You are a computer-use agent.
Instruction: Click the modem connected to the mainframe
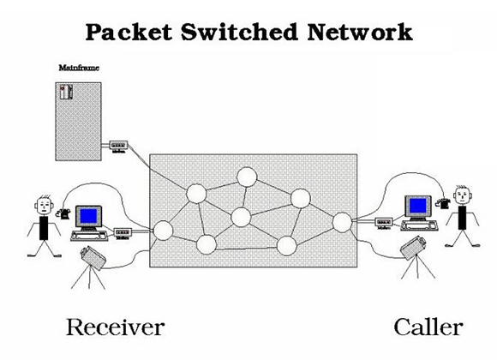coord(118,147)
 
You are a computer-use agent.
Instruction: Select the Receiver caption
coord(115,327)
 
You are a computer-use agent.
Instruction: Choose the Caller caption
coord(428,327)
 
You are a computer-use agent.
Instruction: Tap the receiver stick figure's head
coord(43,207)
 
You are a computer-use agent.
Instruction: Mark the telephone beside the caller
coord(441,202)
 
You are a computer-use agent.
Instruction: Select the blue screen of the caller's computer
coord(416,206)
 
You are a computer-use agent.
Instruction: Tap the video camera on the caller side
coord(413,248)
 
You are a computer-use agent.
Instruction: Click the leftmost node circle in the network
coord(163,229)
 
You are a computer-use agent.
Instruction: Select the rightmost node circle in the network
coord(342,222)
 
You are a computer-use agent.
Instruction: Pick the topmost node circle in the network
coord(247,177)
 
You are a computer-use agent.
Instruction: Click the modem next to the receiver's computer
coord(123,231)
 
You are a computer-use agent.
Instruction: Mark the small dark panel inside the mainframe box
coord(64,92)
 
